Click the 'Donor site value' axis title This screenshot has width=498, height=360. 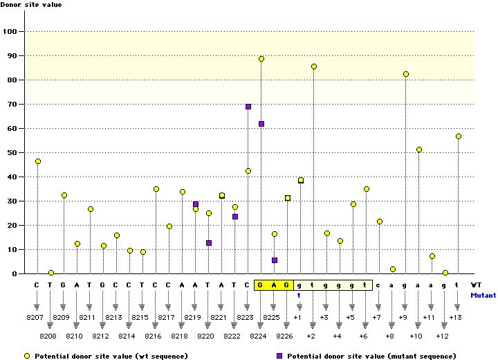30,5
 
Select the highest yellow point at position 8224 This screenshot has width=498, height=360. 261,59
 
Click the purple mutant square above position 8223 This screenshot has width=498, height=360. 248,107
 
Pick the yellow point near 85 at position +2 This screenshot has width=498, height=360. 314,66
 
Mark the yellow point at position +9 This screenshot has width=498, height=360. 406,74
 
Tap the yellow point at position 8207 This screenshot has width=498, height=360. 38,161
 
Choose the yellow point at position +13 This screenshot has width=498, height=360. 459,136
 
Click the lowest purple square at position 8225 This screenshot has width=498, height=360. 275,260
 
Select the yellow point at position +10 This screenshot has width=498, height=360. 419,150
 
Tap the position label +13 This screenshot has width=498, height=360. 455,317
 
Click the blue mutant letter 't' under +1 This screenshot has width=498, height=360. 299,294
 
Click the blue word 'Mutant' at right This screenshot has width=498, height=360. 483,295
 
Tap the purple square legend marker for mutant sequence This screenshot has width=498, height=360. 280,355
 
